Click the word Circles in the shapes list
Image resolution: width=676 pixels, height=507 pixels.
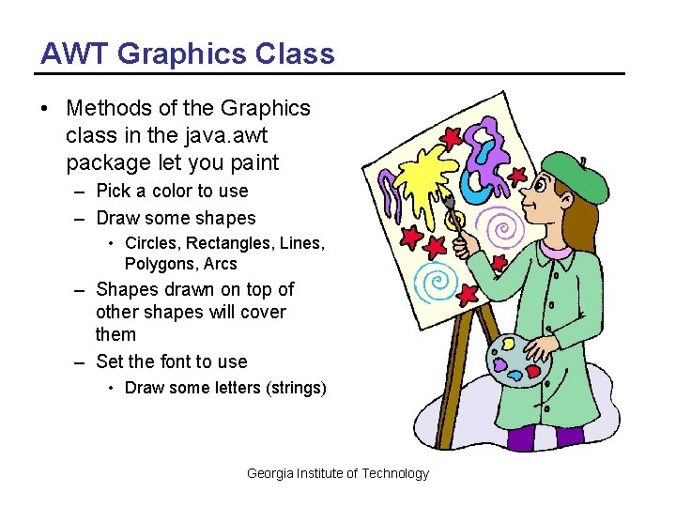tap(152, 244)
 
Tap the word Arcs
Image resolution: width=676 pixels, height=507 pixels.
tap(221, 264)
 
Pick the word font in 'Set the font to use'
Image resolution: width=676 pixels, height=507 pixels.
tap(176, 361)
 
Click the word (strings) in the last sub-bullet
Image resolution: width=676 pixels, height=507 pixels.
tap(292, 388)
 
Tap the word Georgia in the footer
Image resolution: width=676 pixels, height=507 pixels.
tap(269, 473)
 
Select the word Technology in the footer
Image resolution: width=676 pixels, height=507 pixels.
tap(395, 473)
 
